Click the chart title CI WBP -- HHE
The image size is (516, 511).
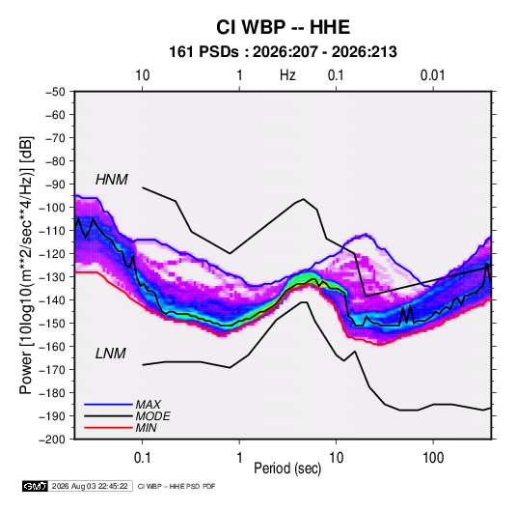283,27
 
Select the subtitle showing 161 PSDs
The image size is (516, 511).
283,52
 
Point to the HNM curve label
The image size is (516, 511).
112,180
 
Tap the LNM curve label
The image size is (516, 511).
111,354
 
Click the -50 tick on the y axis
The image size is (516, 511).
55,92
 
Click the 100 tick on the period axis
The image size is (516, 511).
433,458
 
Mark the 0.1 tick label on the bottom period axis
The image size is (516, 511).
142,458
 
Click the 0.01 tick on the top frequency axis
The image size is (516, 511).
432,75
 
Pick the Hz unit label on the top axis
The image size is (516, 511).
287,75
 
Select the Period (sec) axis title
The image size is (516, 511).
287,468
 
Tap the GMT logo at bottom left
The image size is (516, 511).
35,486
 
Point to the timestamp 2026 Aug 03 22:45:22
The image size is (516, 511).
90,486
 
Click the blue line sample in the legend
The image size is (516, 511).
108,404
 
